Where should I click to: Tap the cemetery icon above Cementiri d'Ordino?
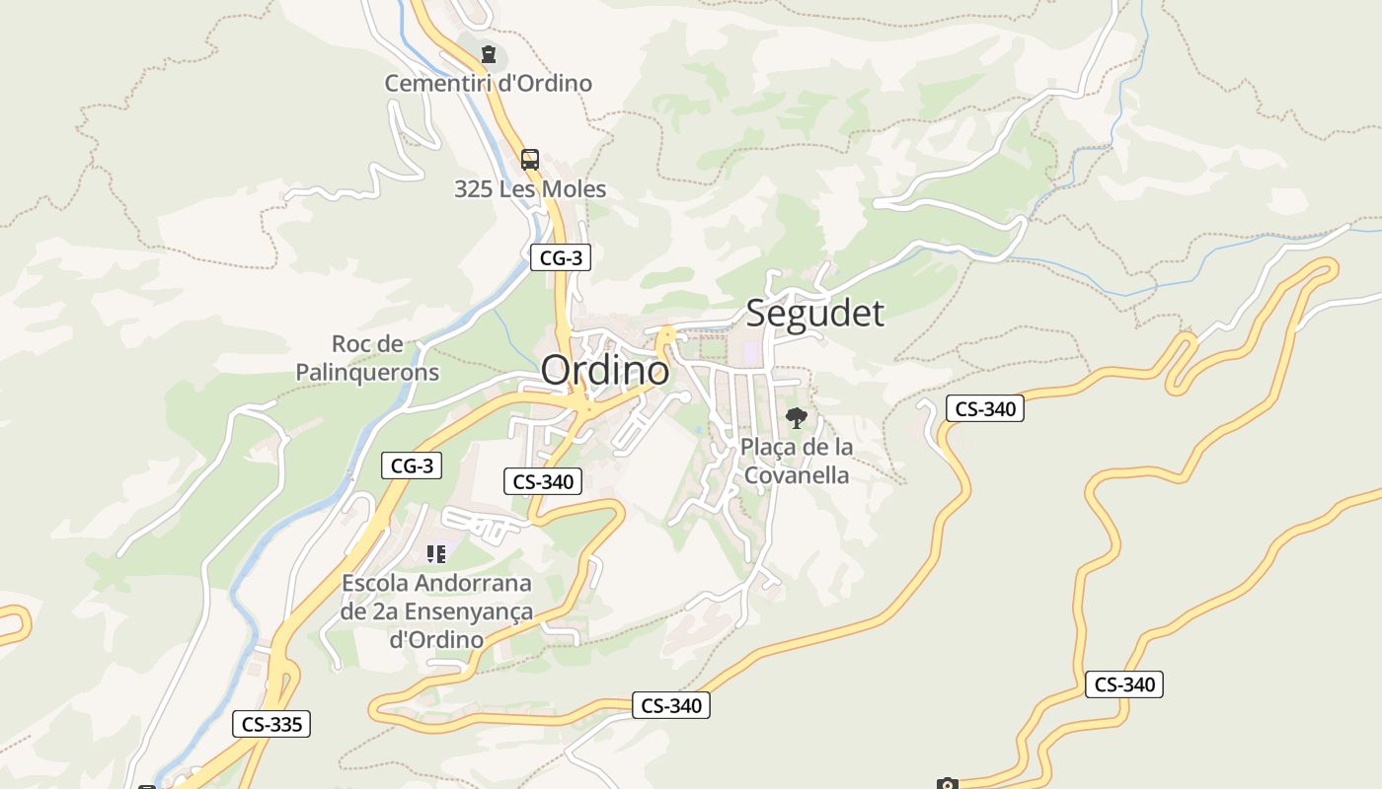coord(488,53)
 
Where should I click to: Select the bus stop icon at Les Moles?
coord(530,159)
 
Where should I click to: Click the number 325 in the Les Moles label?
coord(473,188)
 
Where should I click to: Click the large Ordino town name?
coord(604,370)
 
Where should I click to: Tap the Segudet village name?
coord(814,313)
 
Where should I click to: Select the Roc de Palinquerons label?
coord(367,358)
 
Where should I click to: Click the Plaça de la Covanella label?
coord(797,461)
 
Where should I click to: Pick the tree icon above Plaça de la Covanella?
coord(796,418)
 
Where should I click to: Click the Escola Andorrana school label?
coord(436,611)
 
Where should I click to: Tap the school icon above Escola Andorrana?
coord(436,554)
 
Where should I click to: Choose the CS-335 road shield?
coord(271,724)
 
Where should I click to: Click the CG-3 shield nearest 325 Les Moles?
coord(561,258)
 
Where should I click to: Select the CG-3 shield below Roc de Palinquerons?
coord(412,466)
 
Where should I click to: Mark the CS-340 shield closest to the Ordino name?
coord(543,481)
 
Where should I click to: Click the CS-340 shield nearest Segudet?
coord(984,408)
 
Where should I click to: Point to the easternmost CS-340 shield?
coord(1123,684)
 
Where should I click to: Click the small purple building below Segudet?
coord(749,351)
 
